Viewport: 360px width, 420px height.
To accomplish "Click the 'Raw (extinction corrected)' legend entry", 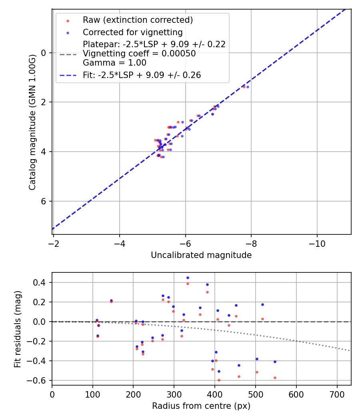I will coord(138,20).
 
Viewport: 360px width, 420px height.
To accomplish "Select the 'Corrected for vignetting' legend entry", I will coord(132,32).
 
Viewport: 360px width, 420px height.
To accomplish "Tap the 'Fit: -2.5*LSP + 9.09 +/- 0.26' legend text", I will coord(142,75).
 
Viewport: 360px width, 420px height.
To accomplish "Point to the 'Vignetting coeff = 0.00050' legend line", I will coord(139,54).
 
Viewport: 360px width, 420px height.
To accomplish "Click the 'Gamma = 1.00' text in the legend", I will coord(114,63).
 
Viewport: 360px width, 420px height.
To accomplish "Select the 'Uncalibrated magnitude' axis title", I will coord(201,255).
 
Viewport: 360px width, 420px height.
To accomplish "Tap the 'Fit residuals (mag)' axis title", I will coord(17,329).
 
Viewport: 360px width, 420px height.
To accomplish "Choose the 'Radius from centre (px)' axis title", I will coord(201,406).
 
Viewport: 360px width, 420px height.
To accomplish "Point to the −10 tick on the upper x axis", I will coord(317,243).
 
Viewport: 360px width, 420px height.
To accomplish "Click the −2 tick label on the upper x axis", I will coord(54,243).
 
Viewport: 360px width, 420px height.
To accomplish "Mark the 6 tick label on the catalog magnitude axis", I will coord(44,201).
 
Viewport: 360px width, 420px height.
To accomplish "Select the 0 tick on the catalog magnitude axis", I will coord(44,53).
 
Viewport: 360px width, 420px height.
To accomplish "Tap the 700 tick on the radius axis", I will coord(337,394).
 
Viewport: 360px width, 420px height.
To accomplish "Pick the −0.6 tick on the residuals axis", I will coord(39,380).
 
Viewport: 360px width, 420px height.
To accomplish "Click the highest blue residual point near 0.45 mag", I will coord(188,278).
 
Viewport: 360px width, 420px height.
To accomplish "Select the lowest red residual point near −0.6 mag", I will coord(219,380).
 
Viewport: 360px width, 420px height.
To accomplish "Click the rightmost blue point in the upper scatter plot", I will coord(248,87).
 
